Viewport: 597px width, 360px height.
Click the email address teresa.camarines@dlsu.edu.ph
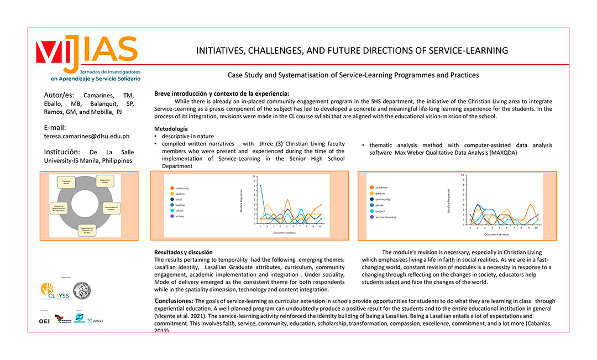click(x=86, y=135)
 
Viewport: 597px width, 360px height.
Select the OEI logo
click(x=44, y=321)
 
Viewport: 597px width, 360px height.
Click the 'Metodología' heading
click(x=171, y=129)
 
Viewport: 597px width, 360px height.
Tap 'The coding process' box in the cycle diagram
click(x=66, y=182)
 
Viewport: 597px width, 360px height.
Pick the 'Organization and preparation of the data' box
click(x=88, y=231)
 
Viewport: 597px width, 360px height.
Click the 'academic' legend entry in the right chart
click(x=381, y=187)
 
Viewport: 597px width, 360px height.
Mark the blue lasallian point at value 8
click(x=261, y=185)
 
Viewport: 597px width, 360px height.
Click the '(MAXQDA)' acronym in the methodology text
click(x=502, y=153)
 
